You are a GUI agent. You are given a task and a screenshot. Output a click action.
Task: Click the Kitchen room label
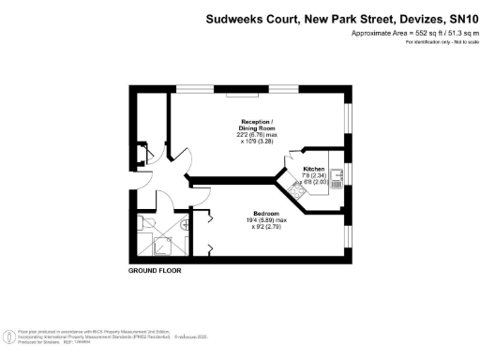pos(313,169)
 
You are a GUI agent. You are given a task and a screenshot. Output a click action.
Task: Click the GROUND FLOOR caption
pos(155,270)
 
